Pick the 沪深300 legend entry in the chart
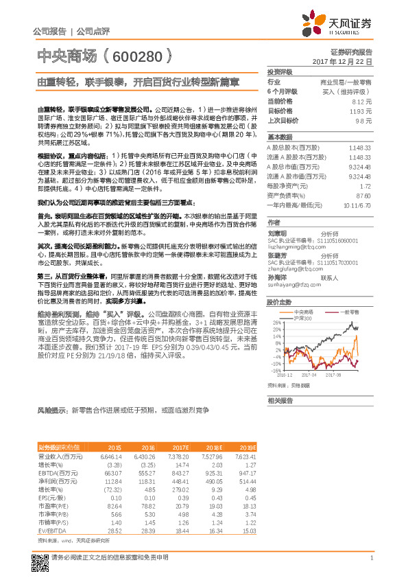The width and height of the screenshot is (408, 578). click(x=303, y=318)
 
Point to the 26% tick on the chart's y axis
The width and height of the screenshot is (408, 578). click(x=276, y=322)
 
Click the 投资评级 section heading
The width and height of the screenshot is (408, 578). click(x=280, y=72)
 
